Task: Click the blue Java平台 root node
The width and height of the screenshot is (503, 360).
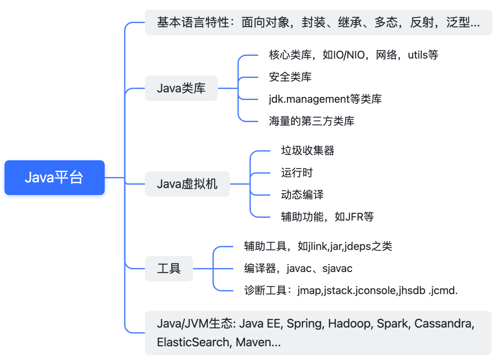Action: [x=54, y=177]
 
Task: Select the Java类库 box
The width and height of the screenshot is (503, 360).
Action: [x=181, y=88]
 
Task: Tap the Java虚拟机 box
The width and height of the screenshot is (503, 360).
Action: [x=187, y=184]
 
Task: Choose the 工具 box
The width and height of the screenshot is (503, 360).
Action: [x=169, y=269]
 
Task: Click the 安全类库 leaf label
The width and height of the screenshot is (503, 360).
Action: [x=290, y=77]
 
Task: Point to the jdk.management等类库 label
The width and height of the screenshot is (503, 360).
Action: [x=325, y=99]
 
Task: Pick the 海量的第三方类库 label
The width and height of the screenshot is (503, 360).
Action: [x=311, y=121]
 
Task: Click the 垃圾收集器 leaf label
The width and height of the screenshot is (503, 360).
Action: [x=307, y=151]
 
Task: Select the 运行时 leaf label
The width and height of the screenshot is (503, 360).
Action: [x=297, y=173]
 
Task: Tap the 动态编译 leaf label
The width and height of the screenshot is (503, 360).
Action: [x=302, y=195]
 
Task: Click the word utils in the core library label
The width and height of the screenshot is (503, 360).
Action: [x=418, y=55]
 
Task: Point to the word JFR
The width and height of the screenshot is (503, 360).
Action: [x=354, y=217]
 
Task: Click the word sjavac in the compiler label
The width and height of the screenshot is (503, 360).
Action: [x=337, y=269]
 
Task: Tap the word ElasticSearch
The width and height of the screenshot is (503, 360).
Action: [x=193, y=342]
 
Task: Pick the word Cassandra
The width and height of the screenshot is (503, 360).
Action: [x=443, y=324]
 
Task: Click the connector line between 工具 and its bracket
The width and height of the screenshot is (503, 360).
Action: [x=203, y=269]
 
